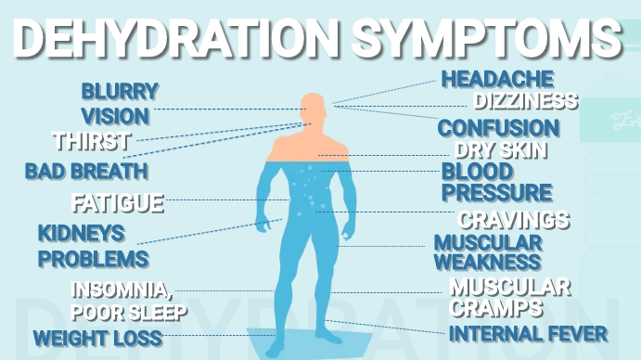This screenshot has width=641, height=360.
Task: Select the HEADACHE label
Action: (497, 80)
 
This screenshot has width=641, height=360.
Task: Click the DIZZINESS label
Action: (526, 101)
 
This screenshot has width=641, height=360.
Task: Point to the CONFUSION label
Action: (498, 128)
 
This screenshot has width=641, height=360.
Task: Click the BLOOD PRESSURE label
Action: (495, 183)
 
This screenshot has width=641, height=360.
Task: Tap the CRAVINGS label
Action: (514, 220)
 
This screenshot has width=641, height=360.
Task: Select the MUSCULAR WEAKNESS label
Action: (487, 251)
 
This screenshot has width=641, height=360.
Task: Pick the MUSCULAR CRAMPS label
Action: (509, 296)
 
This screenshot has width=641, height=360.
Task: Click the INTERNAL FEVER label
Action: (528, 333)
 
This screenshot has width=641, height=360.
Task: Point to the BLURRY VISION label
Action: (118, 104)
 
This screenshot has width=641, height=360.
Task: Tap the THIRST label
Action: (91, 142)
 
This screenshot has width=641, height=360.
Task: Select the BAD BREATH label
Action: (86, 171)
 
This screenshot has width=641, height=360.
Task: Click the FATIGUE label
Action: (118, 202)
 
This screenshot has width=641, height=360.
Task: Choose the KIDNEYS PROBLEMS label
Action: (92, 245)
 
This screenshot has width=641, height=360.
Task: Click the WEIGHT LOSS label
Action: (97, 338)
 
